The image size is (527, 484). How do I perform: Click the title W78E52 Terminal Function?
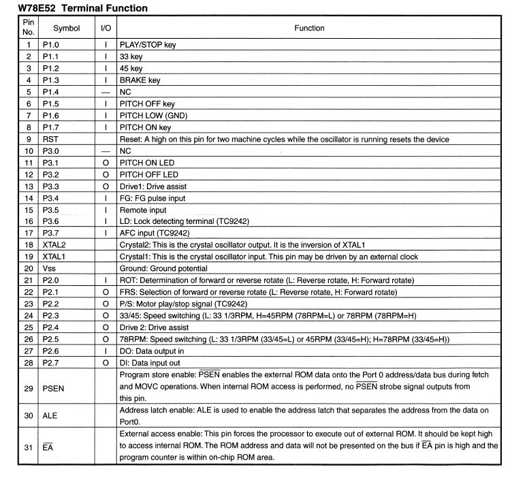[x=82, y=8]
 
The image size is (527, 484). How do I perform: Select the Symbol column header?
[x=66, y=29]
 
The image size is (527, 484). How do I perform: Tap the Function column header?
[x=309, y=29]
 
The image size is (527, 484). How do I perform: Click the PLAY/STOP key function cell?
[x=148, y=45]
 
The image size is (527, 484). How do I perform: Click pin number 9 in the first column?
[x=29, y=140]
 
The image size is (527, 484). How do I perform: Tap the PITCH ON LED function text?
[x=147, y=163]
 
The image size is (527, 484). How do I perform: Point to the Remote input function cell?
[x=143, y=210]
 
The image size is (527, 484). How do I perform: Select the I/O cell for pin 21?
[x=106, y=280]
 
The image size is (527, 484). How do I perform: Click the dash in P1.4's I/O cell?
[x=106, y=92]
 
